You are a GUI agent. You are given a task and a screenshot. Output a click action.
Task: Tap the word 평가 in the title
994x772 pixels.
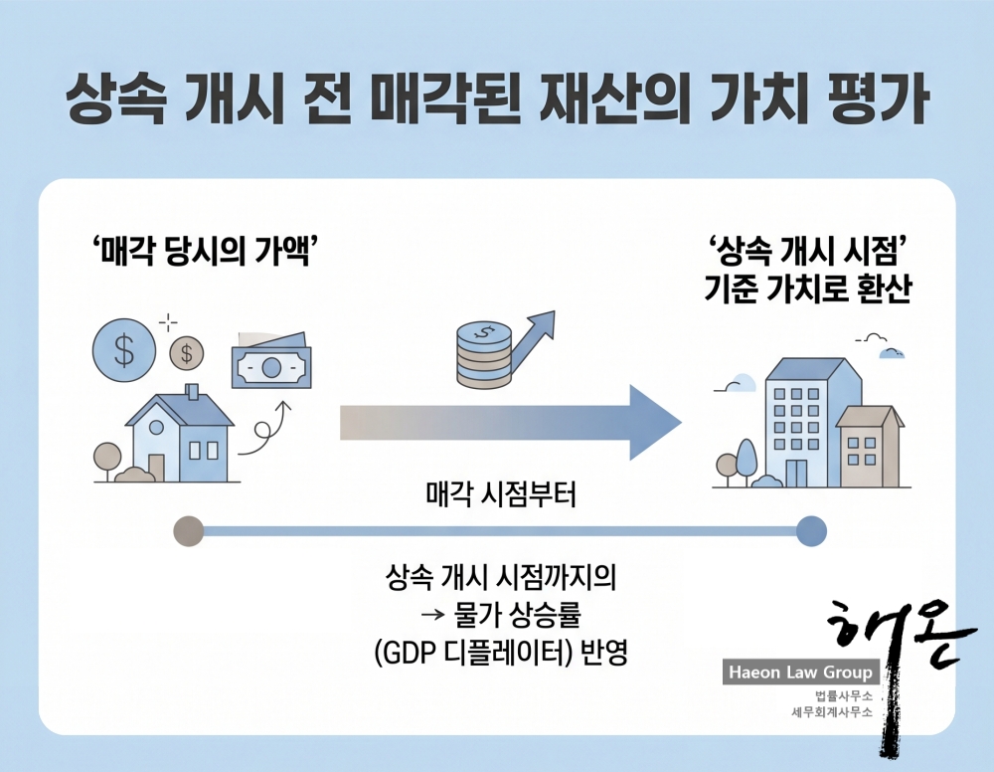876,99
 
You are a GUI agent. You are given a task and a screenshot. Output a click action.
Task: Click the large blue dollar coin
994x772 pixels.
123,349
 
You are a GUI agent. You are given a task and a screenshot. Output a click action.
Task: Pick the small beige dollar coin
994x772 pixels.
186,350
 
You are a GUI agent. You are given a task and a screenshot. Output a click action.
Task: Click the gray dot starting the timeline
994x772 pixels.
187,531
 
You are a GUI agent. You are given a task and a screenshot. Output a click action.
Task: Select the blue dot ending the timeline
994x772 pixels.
811,531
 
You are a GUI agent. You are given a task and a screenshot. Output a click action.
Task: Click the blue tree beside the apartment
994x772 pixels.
745,459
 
